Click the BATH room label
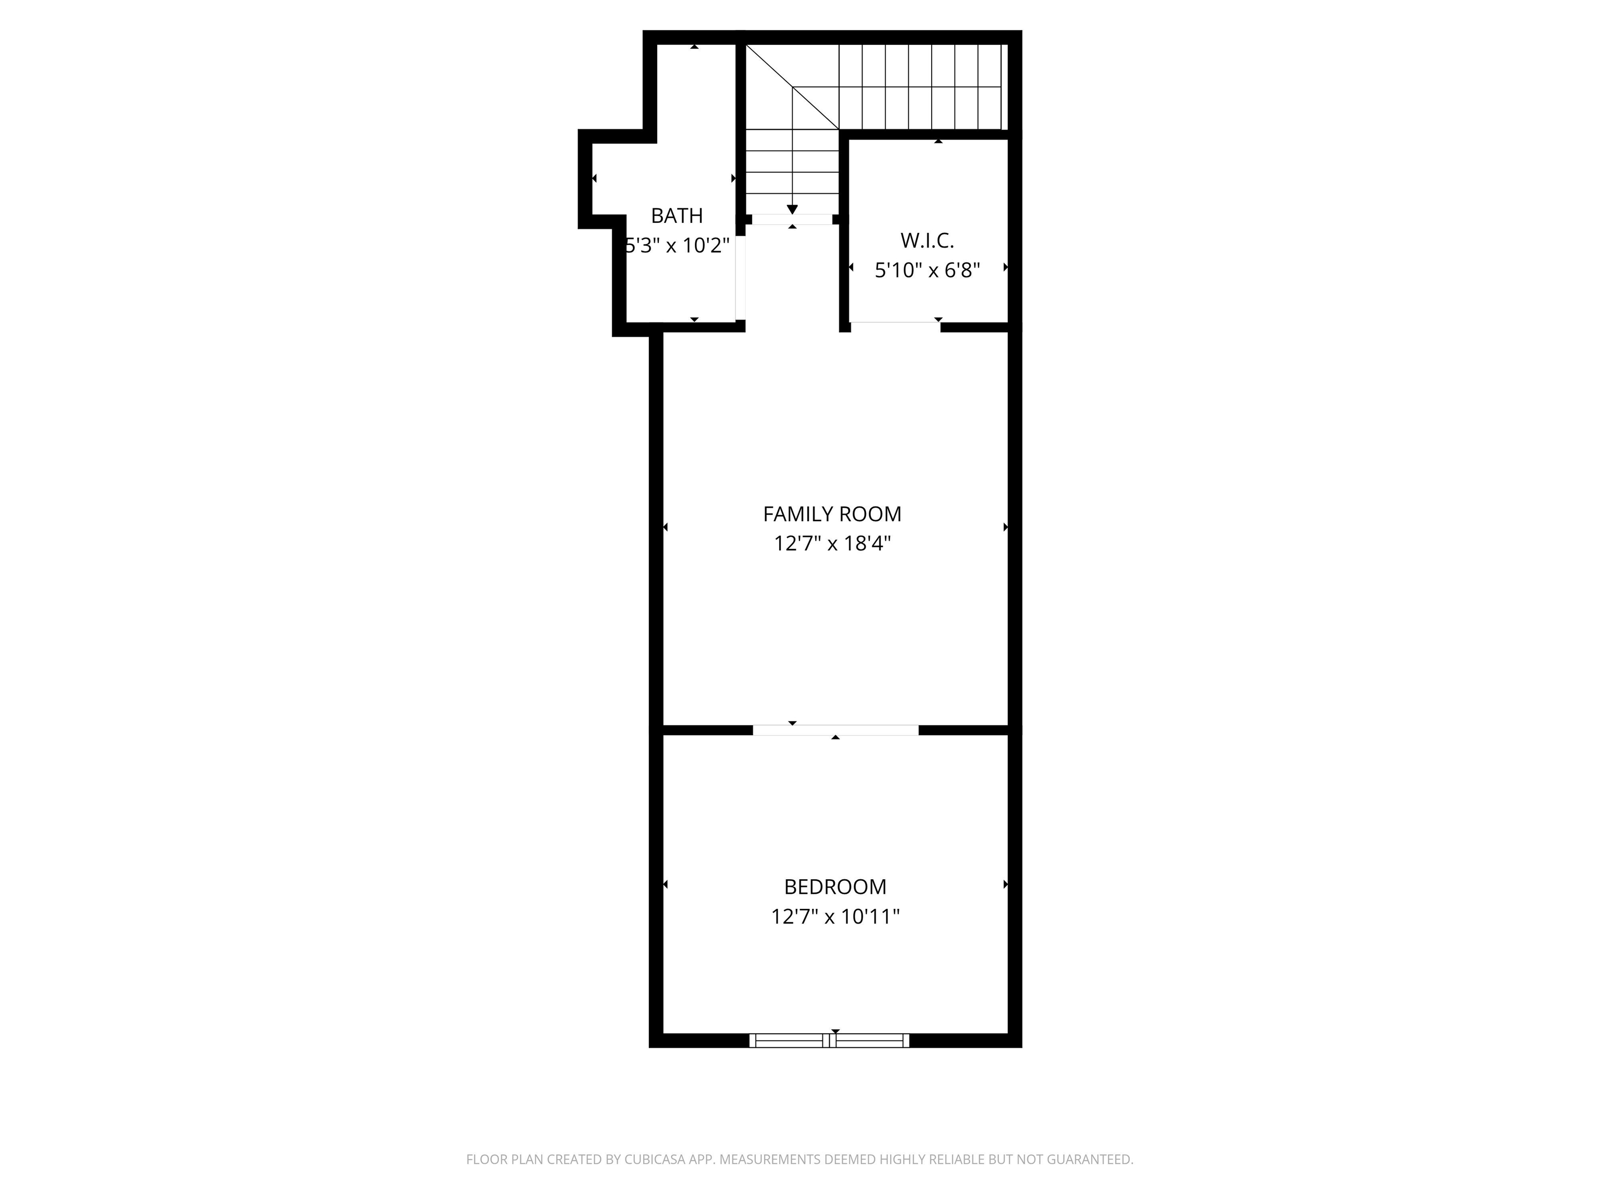tap(677, 216)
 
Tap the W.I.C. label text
tap(927, 240)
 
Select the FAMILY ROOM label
tap(832, 514)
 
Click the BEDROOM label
tap(835, 887)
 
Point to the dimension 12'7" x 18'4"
tap(832, 543)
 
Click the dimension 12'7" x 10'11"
tap(835, 917)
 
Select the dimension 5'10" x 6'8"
tap(927, 270)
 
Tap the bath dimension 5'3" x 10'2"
tap(677, 246)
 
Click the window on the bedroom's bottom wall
tap(829, 1040)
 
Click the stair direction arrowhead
tap(792, 210)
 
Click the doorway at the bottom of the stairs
tap(792, 219)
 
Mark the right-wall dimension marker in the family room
tap(1005, 527)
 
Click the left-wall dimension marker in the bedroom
tap(666, 884)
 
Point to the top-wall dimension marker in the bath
tap(694, 47)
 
